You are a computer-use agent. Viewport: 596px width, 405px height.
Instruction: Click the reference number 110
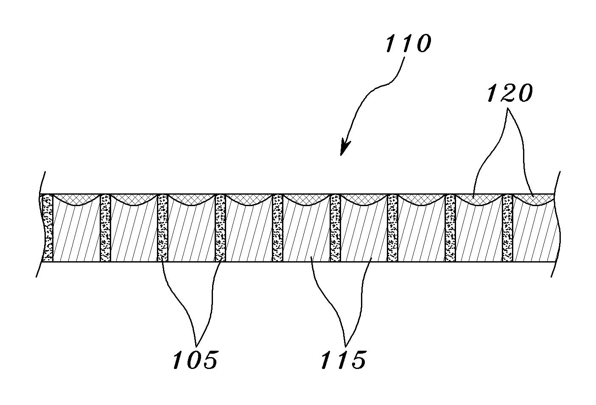(x=407, y=44)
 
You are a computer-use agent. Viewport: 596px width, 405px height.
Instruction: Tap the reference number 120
(x=509, y=94)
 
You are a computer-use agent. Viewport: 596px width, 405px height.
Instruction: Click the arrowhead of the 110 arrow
(x=344, y=148)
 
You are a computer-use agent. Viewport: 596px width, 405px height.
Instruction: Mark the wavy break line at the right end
(x=557, y=225)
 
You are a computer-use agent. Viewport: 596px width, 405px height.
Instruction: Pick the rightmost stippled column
(x=507, y=228)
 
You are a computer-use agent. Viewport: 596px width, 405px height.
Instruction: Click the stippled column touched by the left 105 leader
(x=163, y=228)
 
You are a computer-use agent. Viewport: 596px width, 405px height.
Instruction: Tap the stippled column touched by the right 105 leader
(x=220, y=228)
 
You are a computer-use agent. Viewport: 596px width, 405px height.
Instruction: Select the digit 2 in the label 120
(x=509, y=94)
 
